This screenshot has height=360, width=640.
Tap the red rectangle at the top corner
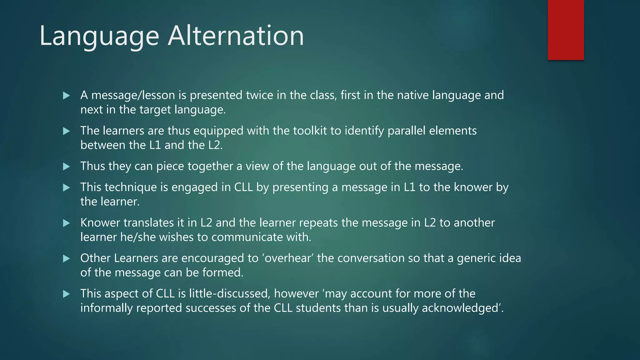click(566, 30)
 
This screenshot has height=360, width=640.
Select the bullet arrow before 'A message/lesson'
click(66, 96)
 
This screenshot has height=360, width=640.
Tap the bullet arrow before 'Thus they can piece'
click(66, 167)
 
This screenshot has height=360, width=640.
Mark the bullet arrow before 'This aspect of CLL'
click(66, 294)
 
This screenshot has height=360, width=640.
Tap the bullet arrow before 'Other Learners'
click(66, 258)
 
